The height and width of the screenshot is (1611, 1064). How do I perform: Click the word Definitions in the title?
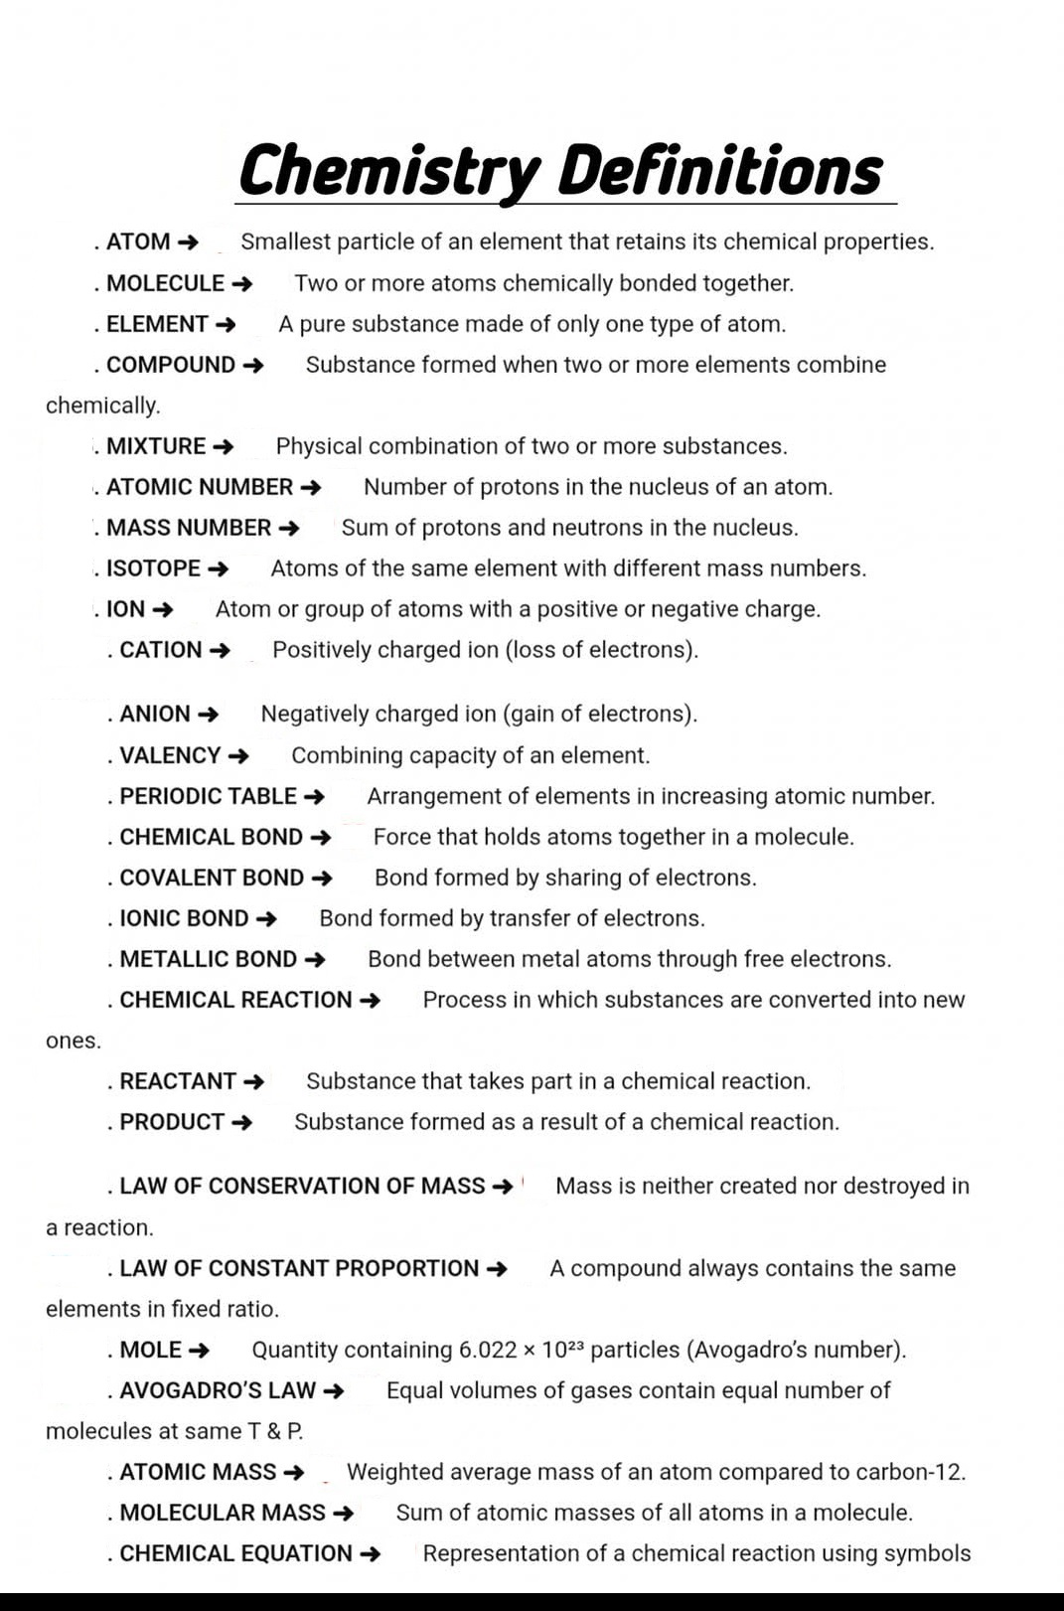[x=719, y=171]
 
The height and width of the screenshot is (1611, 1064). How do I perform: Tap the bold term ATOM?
[x=138, y=242]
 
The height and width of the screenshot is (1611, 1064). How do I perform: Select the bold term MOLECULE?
[x=165, y=283]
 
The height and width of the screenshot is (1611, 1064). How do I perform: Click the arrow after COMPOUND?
[x=253, y=366]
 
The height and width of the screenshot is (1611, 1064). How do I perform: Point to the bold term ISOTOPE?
[x=153, y=568]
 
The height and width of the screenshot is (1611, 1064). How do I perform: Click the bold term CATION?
[x=161, y=650]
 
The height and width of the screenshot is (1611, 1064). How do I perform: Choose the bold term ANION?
[x=155, y=714]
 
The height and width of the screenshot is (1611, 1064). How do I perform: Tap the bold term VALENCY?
[x=170, y=755]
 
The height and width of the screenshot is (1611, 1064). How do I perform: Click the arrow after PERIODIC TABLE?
[x=314, y=797]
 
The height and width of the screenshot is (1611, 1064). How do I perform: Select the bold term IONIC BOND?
[x=184, y=918]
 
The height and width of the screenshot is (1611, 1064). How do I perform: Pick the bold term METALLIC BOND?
[x=208, y=959]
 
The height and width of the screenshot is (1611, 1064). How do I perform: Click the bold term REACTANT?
[x=178, y=1081]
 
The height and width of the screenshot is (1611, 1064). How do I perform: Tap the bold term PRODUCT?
[x=172, y=1122]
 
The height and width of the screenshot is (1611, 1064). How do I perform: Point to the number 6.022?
[x=488, y=1350]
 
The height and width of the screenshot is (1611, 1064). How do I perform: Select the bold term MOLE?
[x=150, y=1350]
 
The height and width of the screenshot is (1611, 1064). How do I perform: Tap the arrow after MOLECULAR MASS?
[x=343, y=1514]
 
